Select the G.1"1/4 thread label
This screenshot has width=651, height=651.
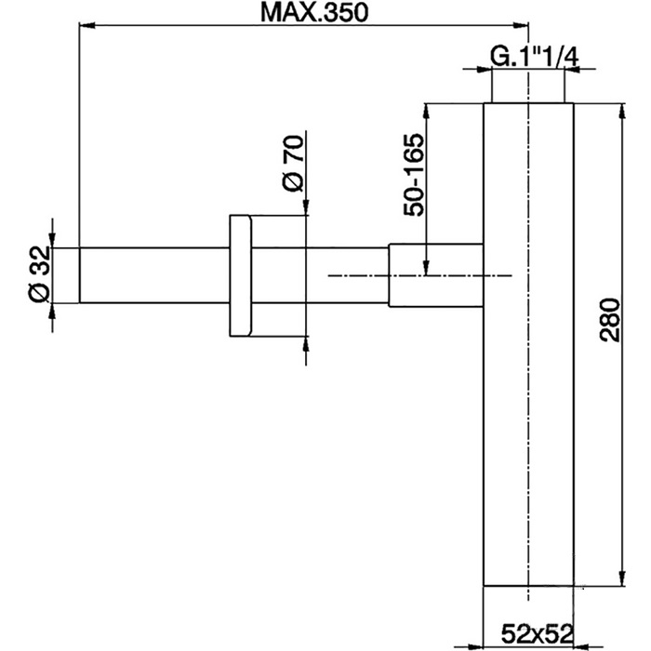534,57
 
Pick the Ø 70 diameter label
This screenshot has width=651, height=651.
292,165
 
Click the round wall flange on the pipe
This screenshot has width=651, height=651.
239,276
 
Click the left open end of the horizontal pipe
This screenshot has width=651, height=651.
79,275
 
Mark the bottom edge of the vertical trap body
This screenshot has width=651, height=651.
528,587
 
